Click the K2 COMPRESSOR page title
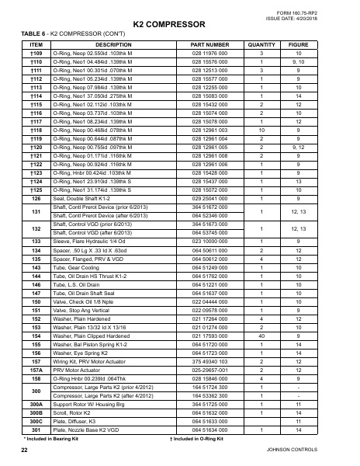(180, 25)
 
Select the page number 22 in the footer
(25, 450)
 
